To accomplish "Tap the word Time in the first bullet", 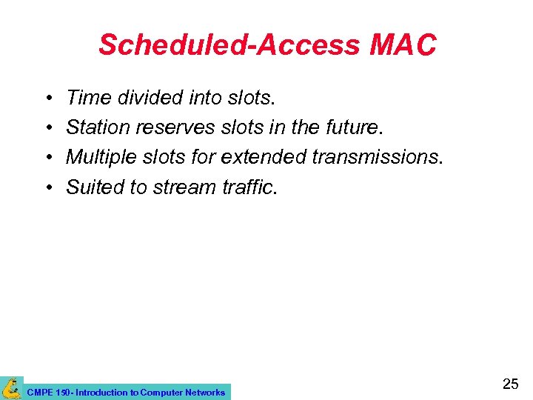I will (85, 97).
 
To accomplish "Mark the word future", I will (352, 127).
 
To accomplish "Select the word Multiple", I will (99, 157).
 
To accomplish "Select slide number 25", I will (510, 384).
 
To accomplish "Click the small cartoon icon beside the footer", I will (11, 387).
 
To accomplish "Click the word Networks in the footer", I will (204, 392).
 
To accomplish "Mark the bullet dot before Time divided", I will (47, 98).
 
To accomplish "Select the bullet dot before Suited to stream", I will (47, 188).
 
